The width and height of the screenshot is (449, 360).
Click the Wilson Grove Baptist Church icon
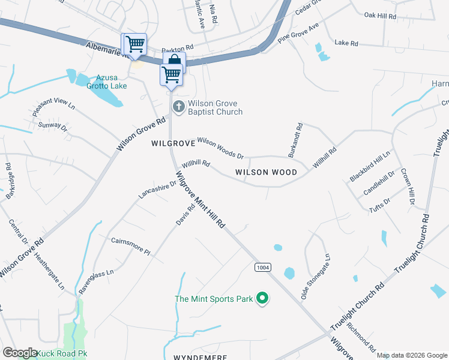pos(178,107)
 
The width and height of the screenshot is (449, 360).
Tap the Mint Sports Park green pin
pos(262,298)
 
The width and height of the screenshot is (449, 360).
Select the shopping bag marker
pos(174,61)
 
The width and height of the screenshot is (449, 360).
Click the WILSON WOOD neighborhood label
pos(266,172)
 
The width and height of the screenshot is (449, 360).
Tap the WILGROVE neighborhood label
pos(173,144)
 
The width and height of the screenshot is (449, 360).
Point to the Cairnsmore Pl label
pos(130,245)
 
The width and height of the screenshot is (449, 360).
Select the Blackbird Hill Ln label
pos(370,166)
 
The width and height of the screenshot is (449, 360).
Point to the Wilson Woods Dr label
pos(220,148)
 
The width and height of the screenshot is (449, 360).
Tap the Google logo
pos(20,353)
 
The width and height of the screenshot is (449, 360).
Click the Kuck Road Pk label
pos(62,353)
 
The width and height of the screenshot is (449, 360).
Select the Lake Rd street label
pos(346,43)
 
